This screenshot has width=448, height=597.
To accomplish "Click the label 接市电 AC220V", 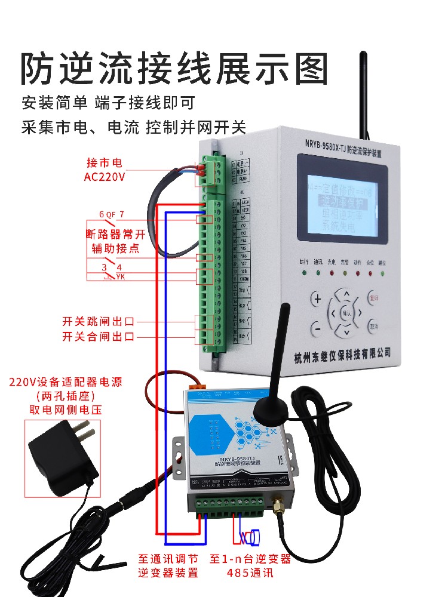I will (105, 169).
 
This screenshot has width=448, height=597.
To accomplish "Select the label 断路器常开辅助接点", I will (113, 241).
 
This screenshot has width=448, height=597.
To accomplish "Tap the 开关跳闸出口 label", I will (99, 321).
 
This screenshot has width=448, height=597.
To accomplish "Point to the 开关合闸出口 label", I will (99, 337).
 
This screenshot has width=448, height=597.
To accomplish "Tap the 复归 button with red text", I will (374, 297).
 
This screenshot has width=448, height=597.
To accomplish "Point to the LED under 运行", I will (305, 273).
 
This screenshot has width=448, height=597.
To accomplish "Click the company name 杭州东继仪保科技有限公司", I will (342, 357).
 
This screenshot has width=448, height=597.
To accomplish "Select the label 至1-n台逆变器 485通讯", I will (250, 566).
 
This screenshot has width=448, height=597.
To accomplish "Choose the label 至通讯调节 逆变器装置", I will (168, 566).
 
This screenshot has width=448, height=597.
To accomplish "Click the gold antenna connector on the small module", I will (279, 509).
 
